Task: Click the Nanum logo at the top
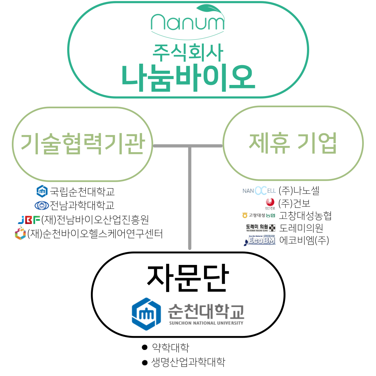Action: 188,21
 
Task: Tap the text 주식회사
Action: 188,52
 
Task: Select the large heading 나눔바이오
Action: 188,78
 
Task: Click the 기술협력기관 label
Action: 83,144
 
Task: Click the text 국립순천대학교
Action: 82,191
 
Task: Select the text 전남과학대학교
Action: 82,205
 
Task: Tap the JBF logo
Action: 29,220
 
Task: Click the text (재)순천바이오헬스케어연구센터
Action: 95,234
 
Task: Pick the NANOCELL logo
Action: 259,191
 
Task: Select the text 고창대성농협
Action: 305,216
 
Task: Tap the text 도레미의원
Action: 301,228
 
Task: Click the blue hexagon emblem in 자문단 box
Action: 146,314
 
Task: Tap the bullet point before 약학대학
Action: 145,347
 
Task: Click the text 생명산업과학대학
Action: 188,362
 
